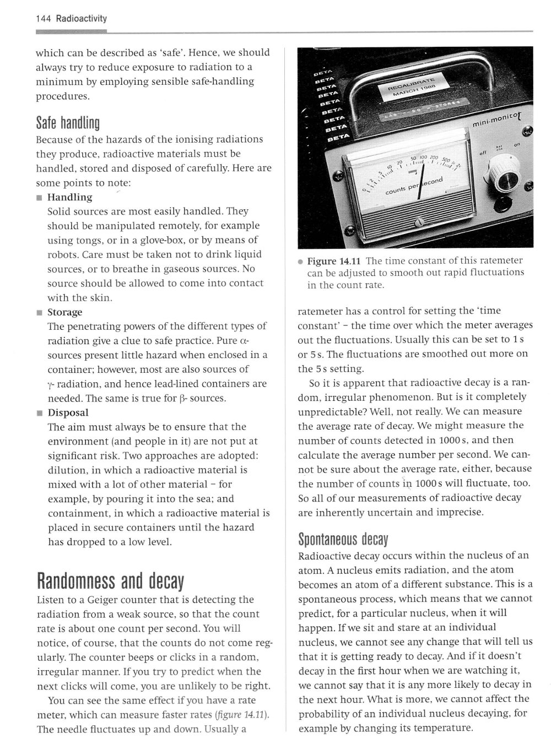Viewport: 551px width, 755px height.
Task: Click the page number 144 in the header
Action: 42,19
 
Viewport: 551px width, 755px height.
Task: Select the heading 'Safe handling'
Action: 67,122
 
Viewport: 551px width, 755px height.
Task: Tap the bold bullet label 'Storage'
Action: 64,312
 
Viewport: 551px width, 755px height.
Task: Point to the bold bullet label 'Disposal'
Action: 68,412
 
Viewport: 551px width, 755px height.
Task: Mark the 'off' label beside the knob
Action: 483,153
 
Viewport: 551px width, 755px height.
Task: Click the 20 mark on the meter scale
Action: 401,164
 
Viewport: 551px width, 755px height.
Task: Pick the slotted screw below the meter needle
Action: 418,222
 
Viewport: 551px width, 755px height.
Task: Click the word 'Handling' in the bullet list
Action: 69,197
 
